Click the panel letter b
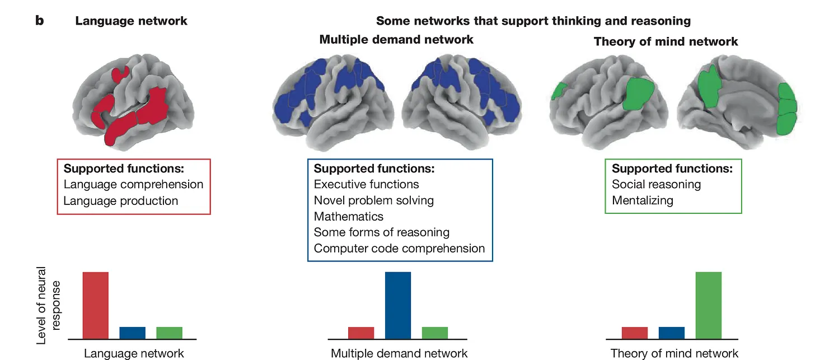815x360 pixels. click(39, 20)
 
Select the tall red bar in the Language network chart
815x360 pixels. click(95, 305)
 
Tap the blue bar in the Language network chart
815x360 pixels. click(133, 333)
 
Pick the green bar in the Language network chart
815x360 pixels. click(169, 333)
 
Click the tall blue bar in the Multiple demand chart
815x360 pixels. click(398, 305)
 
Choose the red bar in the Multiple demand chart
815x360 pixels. click(361, 333)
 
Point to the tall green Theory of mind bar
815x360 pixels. click(709, 305)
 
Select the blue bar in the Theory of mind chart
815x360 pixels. click(672, 333)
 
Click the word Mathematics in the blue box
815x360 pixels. click(349, 217)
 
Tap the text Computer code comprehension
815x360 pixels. click(399, 249)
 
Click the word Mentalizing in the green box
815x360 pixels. click(643, 200)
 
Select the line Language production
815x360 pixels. click(121, 201)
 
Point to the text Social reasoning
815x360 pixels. click(657, 185)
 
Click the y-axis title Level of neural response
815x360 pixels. click(48, 305)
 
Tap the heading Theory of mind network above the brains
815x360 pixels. click(666, 41)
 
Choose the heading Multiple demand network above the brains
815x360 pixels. click(396, 39)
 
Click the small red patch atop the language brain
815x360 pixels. click(120, 74)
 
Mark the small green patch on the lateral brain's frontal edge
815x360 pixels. click(559, 91)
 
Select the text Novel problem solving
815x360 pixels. click(374, 200)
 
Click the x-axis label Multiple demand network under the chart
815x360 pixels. click(399, 353)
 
